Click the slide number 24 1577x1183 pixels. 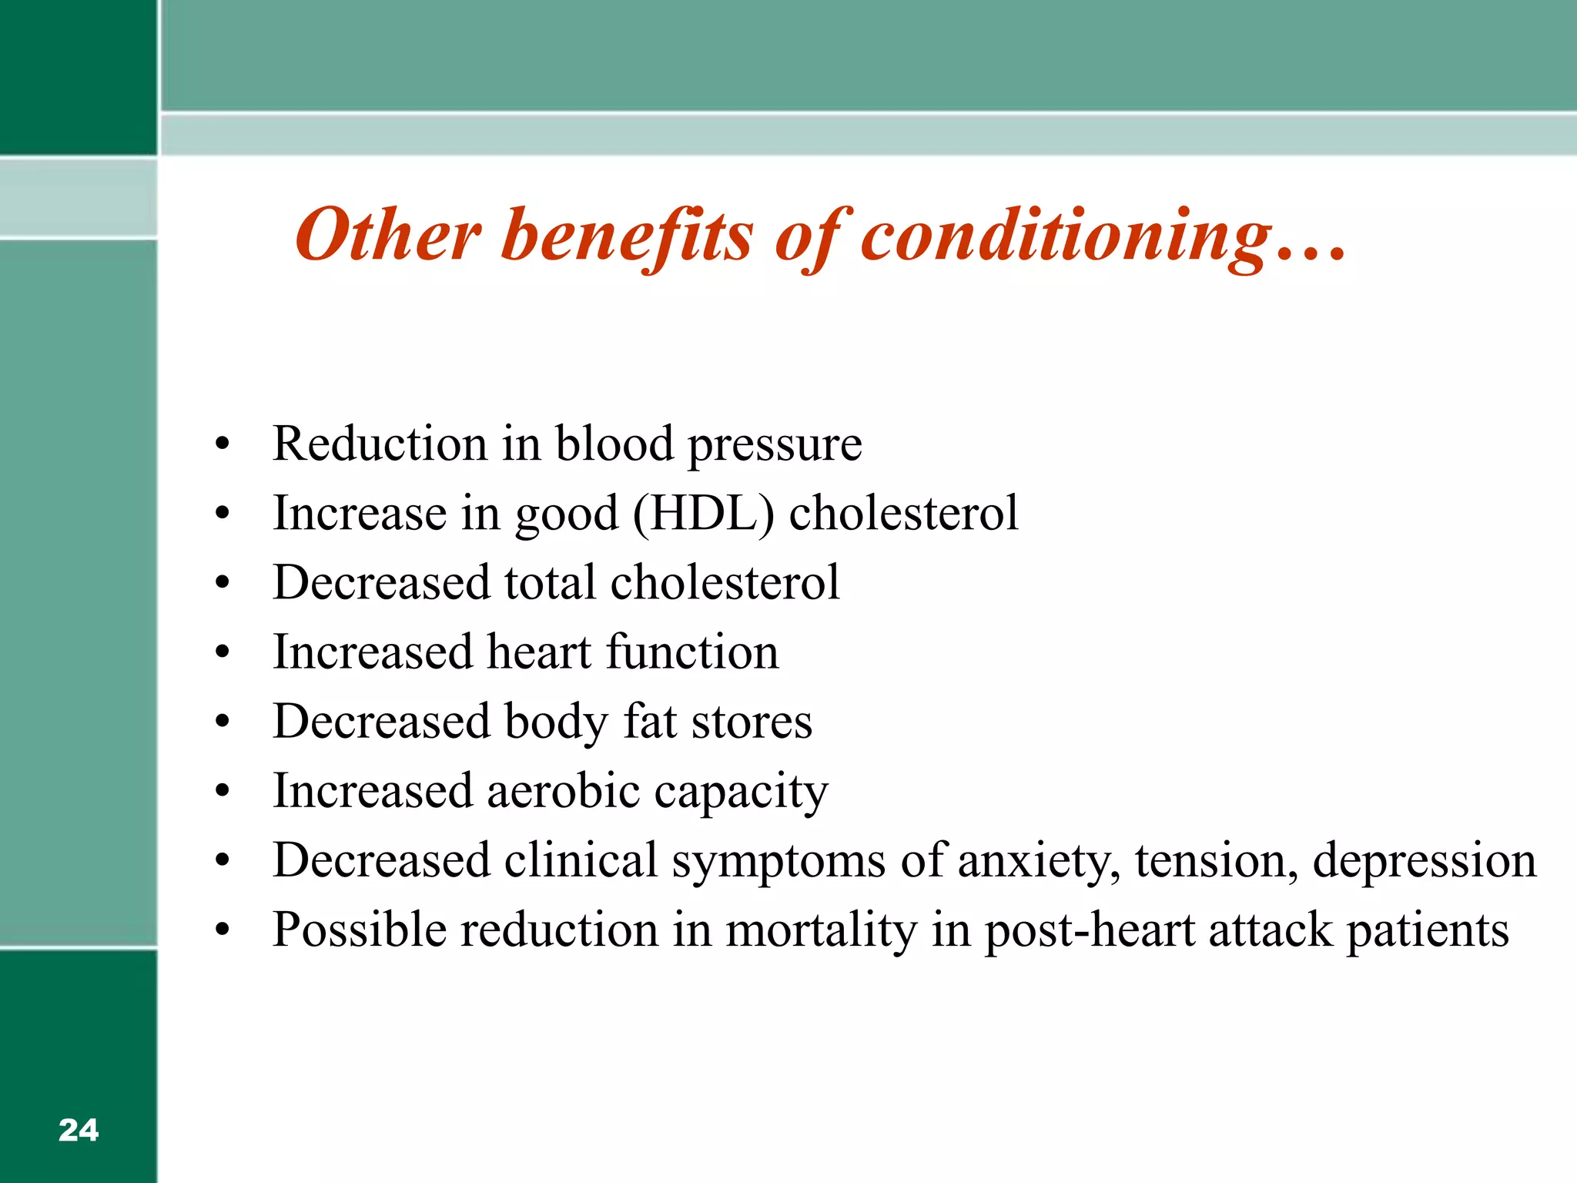[x=78, y=1130]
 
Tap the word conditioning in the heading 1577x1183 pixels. [x=1066, y=235]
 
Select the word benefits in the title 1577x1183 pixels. [x=627, y=235]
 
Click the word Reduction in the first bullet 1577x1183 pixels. [x=380, y=444]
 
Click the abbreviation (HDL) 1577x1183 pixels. [x=702, y=514]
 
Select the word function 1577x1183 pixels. [x=692, y=652]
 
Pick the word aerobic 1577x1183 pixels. [x=563, y=791]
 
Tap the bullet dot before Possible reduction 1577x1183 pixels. [x=223, y=930]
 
